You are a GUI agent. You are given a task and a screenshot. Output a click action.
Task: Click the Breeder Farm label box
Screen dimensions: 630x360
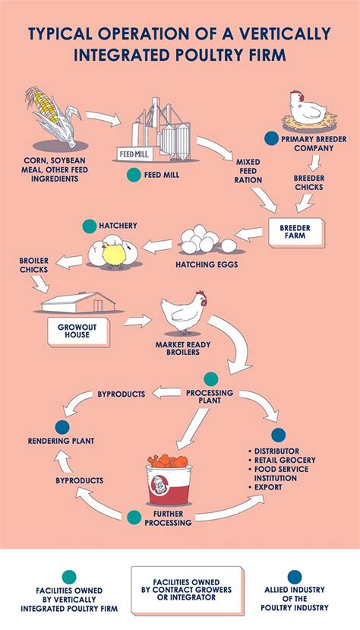point(295,231)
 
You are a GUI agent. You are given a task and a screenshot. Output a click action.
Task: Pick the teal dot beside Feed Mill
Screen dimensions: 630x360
point(134,174)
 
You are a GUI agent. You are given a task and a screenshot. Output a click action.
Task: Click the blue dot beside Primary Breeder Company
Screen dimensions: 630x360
point(270,139)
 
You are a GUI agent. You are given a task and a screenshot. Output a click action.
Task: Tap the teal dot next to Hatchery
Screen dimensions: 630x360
point(89,226)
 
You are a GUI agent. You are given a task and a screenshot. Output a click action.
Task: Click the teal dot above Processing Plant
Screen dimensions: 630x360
point(210,378)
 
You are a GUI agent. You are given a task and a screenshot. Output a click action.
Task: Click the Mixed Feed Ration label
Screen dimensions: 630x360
point(248,171)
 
